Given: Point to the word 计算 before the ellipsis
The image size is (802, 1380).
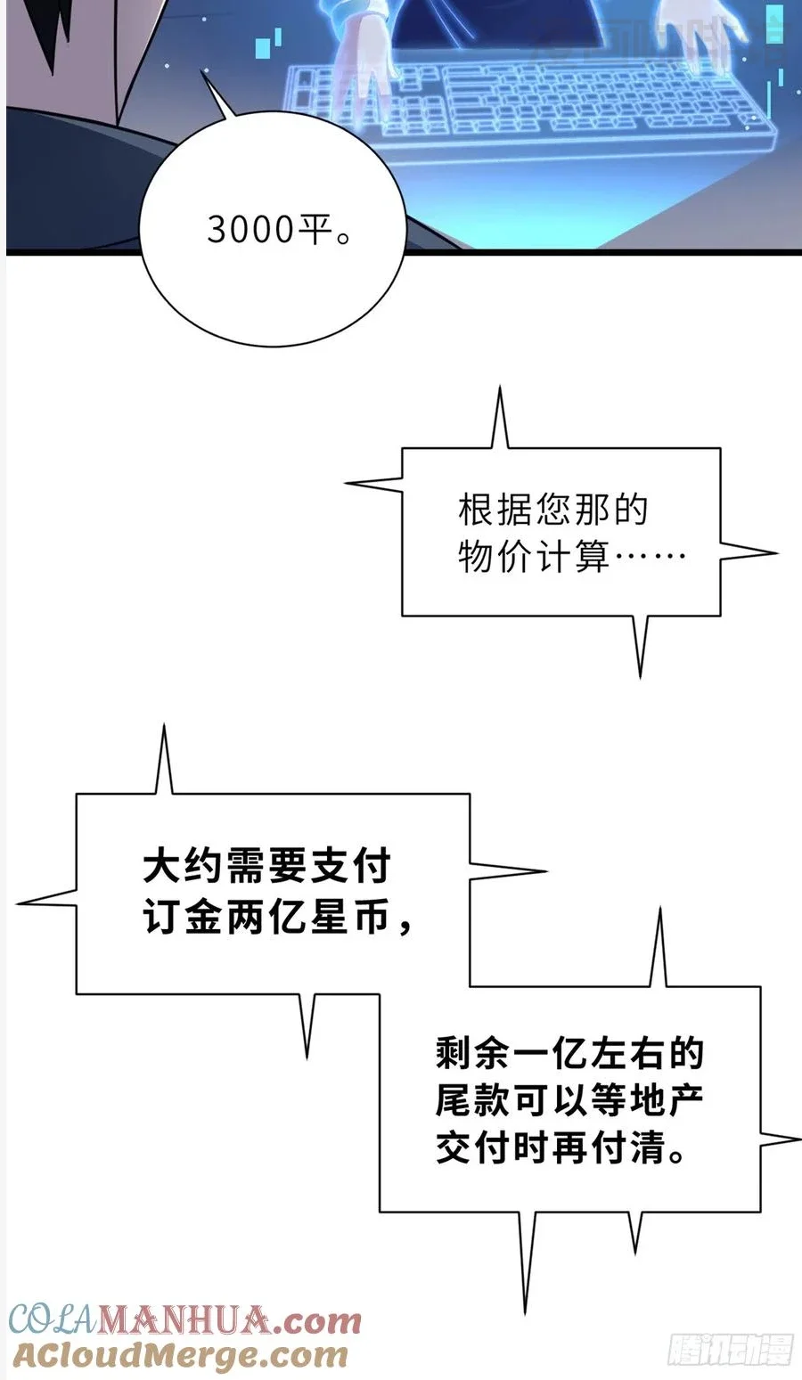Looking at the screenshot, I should [x=572, y=558].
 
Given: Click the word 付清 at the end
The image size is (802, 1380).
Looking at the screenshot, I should [x=628, y=1148].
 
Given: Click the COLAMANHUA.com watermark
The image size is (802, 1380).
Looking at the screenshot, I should [x=185, y=1320].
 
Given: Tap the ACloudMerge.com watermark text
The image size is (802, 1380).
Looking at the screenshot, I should [x=179, y=1355].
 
